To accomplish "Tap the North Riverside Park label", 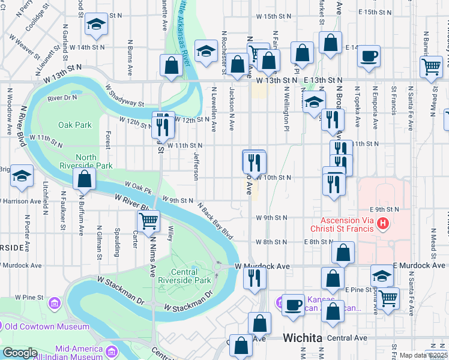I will click(86, 161).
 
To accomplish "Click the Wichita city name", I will click(303, 338).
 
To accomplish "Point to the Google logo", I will click(19, 353).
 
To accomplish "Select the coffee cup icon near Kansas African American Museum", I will click(293, 304).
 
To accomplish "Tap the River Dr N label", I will click(62, 97).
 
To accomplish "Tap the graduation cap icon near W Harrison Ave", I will click(22, 176).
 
